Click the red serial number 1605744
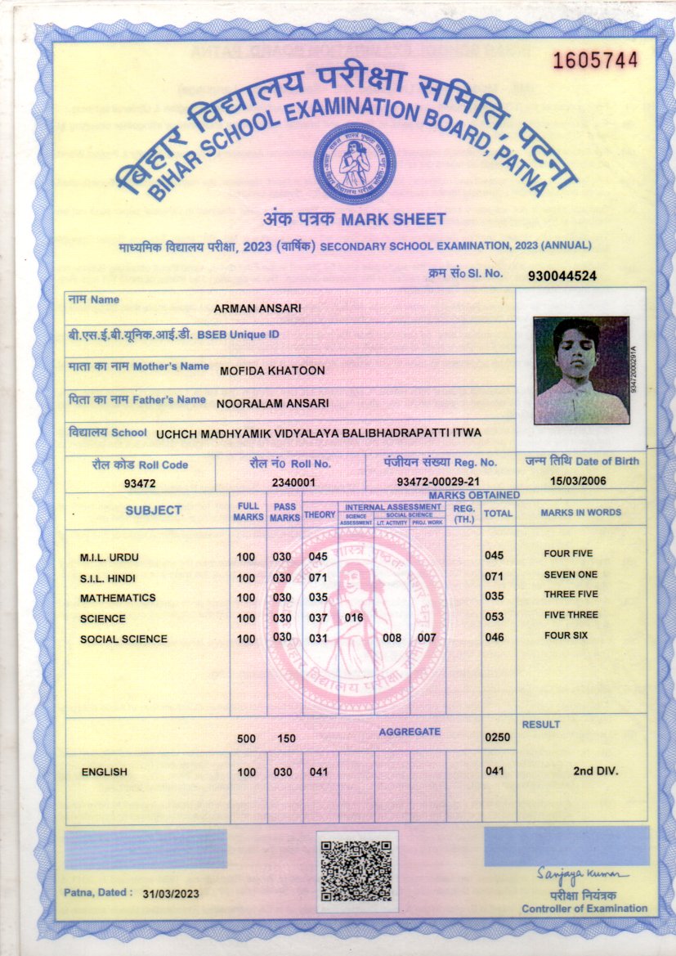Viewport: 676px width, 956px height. click(x=595, y=60)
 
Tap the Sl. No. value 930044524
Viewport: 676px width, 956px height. click(x=562, y=276)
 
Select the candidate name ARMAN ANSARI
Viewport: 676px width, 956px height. click(x=257, y=308)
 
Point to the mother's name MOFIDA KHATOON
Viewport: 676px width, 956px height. click(x=272, y=370)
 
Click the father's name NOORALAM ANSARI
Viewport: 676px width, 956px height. click(x=272, y=402)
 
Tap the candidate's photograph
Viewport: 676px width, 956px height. click(x=580, y=370)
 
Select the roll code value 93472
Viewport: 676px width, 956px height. click(x=139, y=483)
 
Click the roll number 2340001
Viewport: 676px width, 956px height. click(x=293, y=482)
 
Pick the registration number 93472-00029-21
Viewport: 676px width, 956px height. click(x=438, y=482)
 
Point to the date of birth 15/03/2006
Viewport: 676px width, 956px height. click(x=578, y=481)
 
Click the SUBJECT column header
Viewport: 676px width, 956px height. click(x=154, y=510)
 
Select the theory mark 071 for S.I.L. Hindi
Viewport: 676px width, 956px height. click(x=318, y=577)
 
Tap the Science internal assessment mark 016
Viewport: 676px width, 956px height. click(x=354, y=617)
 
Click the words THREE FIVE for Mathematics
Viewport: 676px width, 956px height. click(x=571, y=595)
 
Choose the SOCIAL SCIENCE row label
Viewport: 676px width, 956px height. click(x=123, y=639)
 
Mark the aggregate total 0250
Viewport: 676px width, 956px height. click(x=497, y=737)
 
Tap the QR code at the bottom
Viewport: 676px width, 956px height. click(x=356, y=870)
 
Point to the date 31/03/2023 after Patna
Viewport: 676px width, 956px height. click(x=170, y=894)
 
